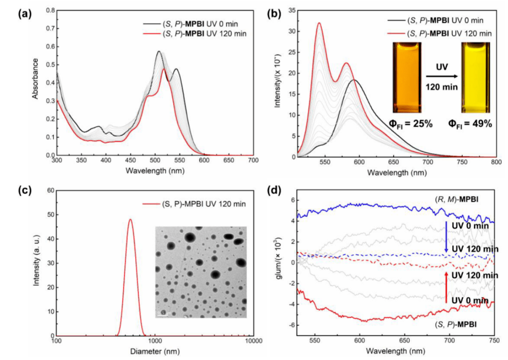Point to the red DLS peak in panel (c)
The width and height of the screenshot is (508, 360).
pos(130,219)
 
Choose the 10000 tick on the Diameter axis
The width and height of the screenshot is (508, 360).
pos(253,341)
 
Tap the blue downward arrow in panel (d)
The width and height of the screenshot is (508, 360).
pos(446,237)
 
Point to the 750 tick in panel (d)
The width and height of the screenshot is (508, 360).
pos(494,341)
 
